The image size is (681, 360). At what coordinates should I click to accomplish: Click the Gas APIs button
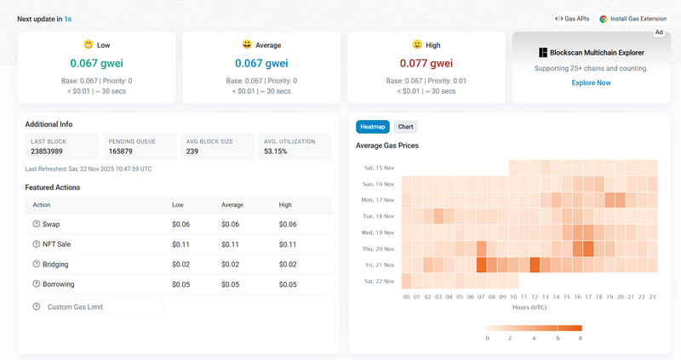pos(572,18)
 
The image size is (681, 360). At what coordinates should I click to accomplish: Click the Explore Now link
pos(591,83)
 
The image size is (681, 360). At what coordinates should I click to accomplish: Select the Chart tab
pos(405,127)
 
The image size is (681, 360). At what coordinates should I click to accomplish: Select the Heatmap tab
pos(373,127)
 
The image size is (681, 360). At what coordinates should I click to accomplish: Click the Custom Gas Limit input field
pos(103,306)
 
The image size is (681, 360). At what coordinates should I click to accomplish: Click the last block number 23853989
pos(49,151)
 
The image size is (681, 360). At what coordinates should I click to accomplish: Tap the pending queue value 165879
pos(123,151)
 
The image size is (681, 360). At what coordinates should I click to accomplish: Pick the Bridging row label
pos(57,265)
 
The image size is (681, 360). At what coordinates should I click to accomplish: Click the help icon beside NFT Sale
pos(36,244)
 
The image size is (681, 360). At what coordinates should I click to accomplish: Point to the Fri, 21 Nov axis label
pos(379,265)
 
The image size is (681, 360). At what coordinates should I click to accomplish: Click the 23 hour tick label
pos(652,297)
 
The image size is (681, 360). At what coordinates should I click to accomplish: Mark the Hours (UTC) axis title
pos(529,307)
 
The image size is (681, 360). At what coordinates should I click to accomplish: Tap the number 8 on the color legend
pos(580,338)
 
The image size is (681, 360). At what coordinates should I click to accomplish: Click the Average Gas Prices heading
pos(386,146)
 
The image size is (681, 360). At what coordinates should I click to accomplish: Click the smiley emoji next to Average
pos(247,44)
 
